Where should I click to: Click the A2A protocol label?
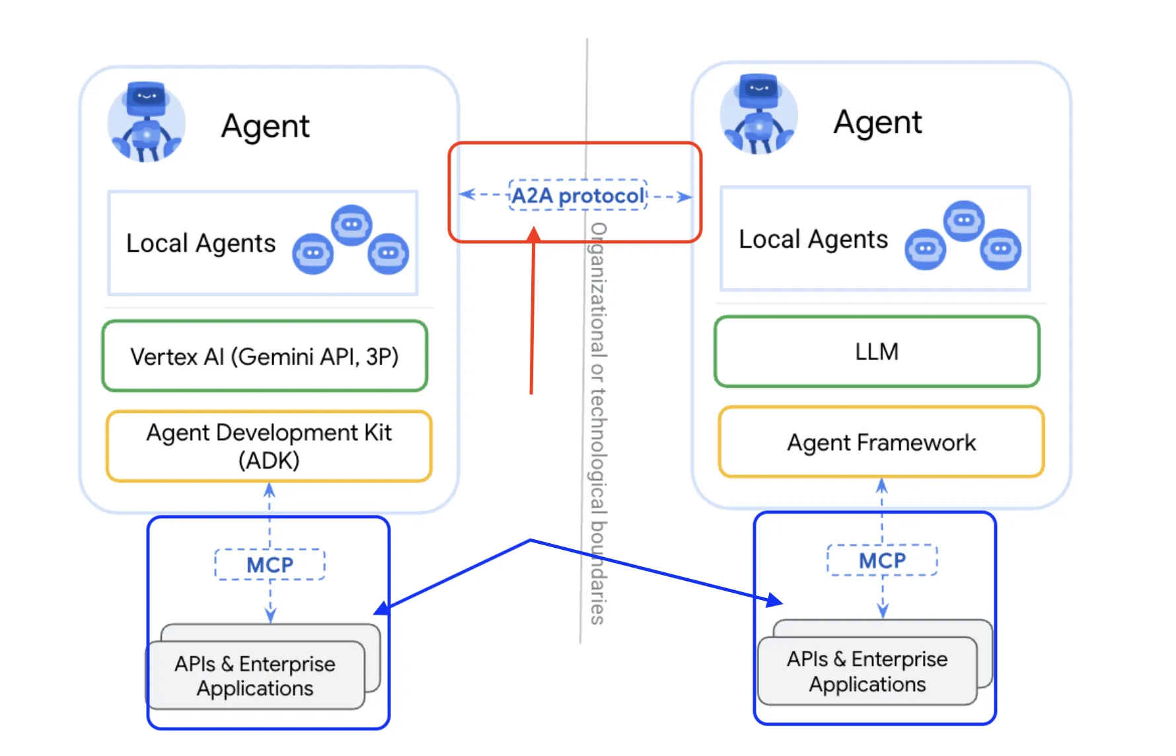click(577, 195)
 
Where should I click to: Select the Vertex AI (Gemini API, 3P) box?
click(265, 356)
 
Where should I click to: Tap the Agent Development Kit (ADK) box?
click(269, 446)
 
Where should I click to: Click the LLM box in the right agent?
click(877, 352)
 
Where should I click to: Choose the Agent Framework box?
click(881, 441)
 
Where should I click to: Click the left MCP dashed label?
click(270, 564)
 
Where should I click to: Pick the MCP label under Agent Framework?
click(882, 560)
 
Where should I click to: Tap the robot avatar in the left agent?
click(147, 122)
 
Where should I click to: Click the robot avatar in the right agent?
click(758, 115)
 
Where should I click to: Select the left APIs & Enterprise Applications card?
click(255, 675)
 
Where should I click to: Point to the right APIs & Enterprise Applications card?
click(867, 671)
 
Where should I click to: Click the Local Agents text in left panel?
click(201, 243)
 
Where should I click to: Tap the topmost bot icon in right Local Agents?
click(964, 220)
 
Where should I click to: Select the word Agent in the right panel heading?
click(877, 122)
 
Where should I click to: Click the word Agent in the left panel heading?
click(265, 126)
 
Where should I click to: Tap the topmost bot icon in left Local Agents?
click(351, 225)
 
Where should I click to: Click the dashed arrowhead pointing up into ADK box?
click(270, 490)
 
